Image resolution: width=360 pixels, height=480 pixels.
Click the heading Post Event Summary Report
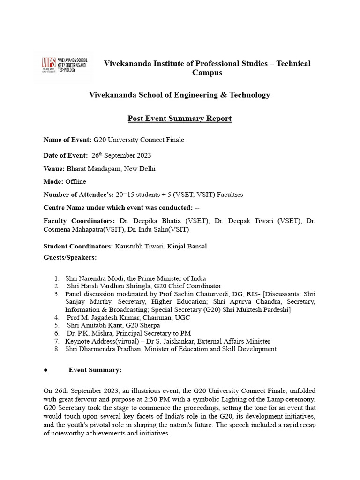point(180,118)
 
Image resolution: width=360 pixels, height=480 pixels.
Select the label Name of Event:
point(67,140)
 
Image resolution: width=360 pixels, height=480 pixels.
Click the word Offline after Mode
point(75,181)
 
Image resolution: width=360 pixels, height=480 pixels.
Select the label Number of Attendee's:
point(82,195)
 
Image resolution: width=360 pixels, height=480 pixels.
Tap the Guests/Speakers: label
point(70,257)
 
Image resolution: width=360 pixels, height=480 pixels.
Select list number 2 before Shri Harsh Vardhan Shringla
point(56,286)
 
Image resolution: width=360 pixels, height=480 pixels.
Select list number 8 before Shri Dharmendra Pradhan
point(56,349)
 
